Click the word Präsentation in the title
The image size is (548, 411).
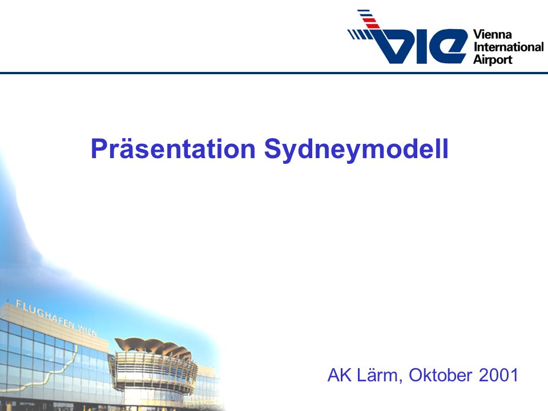(x=173, y=149)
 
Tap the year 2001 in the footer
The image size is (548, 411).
(x=498, y=375)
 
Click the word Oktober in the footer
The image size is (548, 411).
(x=440, y=375)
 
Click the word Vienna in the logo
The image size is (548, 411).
(x=492, y=35)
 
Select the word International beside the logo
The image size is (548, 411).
(x=509, y=47)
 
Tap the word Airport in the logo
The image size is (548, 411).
(x=493, y=59)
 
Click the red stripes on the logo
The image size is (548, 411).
(x=370, y=22)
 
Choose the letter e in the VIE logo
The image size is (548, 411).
(x=449, y=46)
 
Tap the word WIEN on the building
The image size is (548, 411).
(x=87, y=330)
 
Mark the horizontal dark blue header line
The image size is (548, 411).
(x=274, y=72)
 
